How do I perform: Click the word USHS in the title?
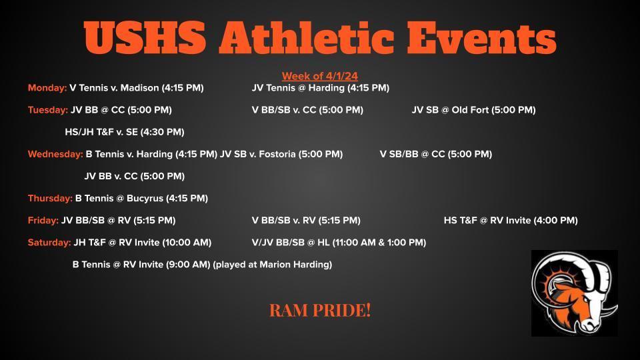[145, 37]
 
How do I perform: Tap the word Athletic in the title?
[307, 37]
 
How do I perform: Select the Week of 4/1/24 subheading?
[319, 76]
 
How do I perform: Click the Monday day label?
[47, 88]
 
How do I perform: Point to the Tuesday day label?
[48, 110]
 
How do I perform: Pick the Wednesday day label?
[55, 154]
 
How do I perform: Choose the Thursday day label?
[50, 199]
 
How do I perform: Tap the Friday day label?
[43, 221]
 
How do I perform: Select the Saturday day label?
[49, 243]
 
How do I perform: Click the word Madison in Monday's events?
[139, 88]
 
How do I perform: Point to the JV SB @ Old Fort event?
[473, 110]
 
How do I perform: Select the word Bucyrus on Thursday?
[145, 199]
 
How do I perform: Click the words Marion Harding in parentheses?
[294, 265]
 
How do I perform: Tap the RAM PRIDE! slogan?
[320, 310]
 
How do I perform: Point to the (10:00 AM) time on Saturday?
[187, 243]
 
